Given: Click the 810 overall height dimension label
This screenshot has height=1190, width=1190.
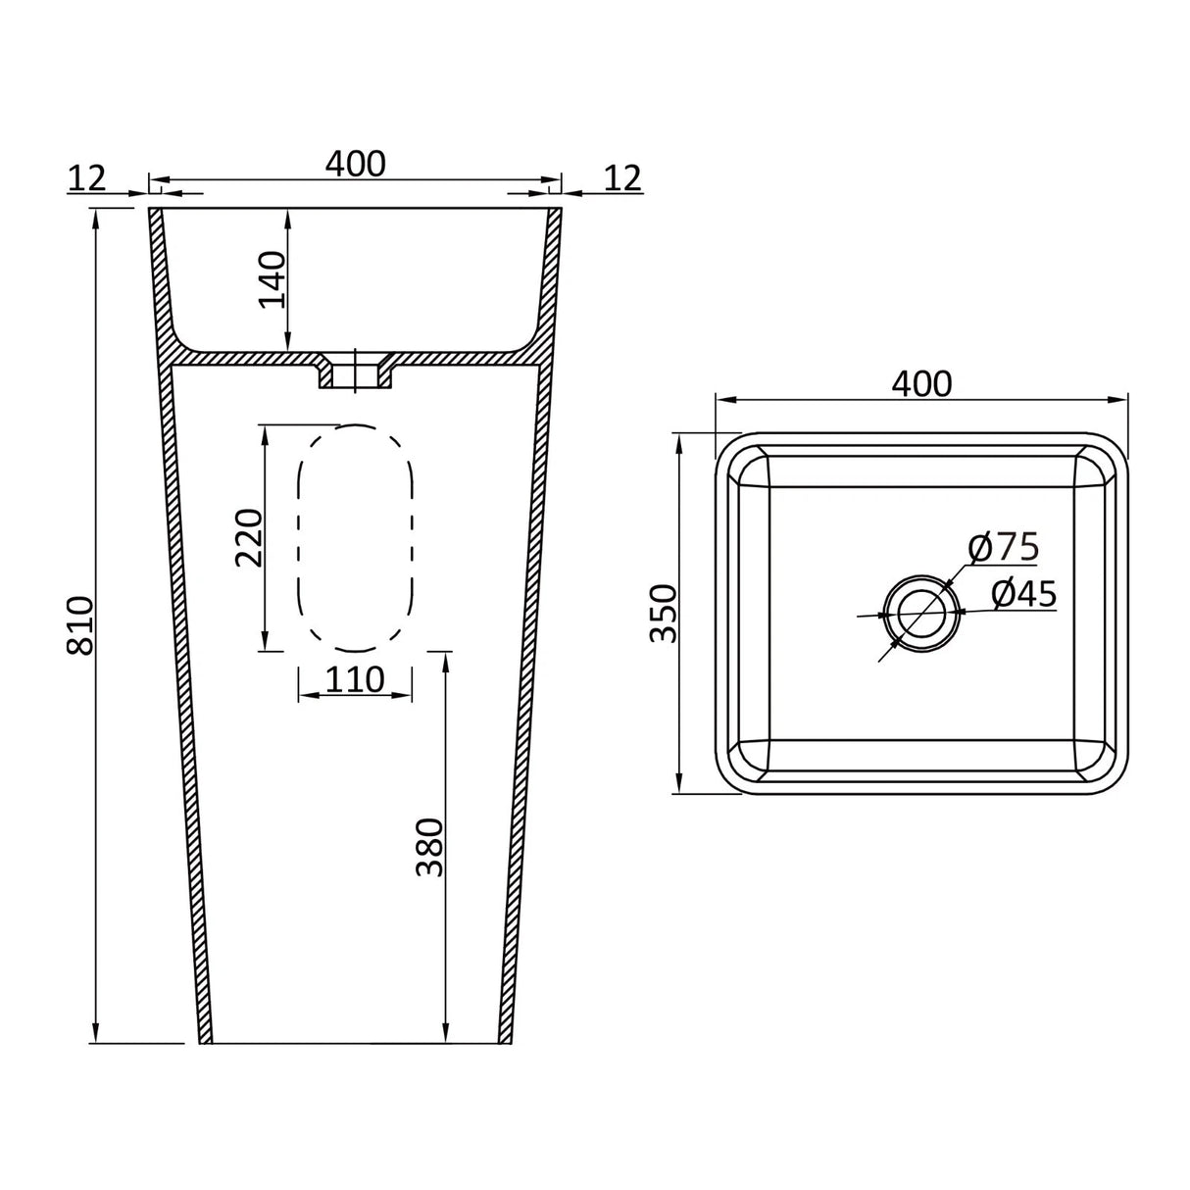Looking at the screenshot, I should (78, 624).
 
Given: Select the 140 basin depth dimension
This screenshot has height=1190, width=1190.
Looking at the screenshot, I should (273, 279).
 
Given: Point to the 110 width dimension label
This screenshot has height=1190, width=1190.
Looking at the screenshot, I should (355, 678).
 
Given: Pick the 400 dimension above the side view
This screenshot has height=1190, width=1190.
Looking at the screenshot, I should (355, 163).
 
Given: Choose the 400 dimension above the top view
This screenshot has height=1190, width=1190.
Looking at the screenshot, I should (921, 383).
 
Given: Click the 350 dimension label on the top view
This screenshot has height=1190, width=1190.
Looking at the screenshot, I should (664, 613).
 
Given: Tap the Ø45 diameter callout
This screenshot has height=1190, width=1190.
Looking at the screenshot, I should (1023, 594).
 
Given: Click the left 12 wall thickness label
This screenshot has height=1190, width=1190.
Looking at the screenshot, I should (88, 177).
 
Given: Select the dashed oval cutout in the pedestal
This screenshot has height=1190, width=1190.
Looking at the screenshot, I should (355, 538).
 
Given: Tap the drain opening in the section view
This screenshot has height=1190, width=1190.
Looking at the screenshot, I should (355, 374).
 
